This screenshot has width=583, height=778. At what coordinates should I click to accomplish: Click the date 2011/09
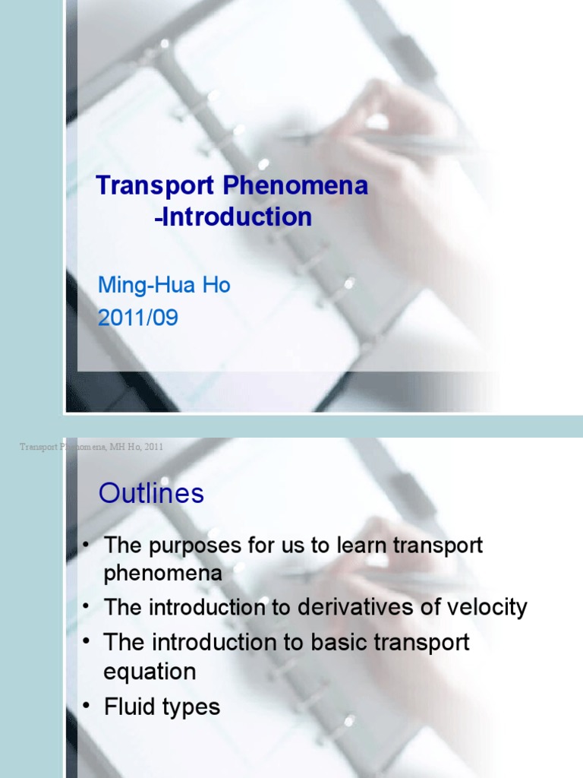click(138, 317)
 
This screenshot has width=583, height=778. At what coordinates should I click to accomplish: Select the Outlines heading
click(151, 494)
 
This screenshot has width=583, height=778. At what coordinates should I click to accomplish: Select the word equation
click(150, 672)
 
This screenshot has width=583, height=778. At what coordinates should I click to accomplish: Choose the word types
click(191, 708)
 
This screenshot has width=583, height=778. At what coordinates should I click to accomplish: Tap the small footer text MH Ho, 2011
click(138, 448)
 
